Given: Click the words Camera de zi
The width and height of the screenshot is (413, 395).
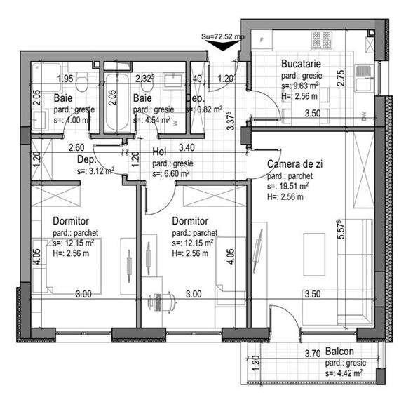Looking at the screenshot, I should (x=295, y=163).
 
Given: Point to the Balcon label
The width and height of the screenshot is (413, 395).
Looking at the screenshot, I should (x=339, y=352).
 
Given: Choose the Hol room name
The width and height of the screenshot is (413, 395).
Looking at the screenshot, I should (x=161, y=153).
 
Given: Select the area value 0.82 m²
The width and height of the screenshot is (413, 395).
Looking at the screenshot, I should (x=208, y=109).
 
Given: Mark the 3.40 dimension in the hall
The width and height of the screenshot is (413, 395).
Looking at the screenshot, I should (x=187, y=147).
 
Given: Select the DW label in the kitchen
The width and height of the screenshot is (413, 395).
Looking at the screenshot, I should (x=363, y=114).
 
